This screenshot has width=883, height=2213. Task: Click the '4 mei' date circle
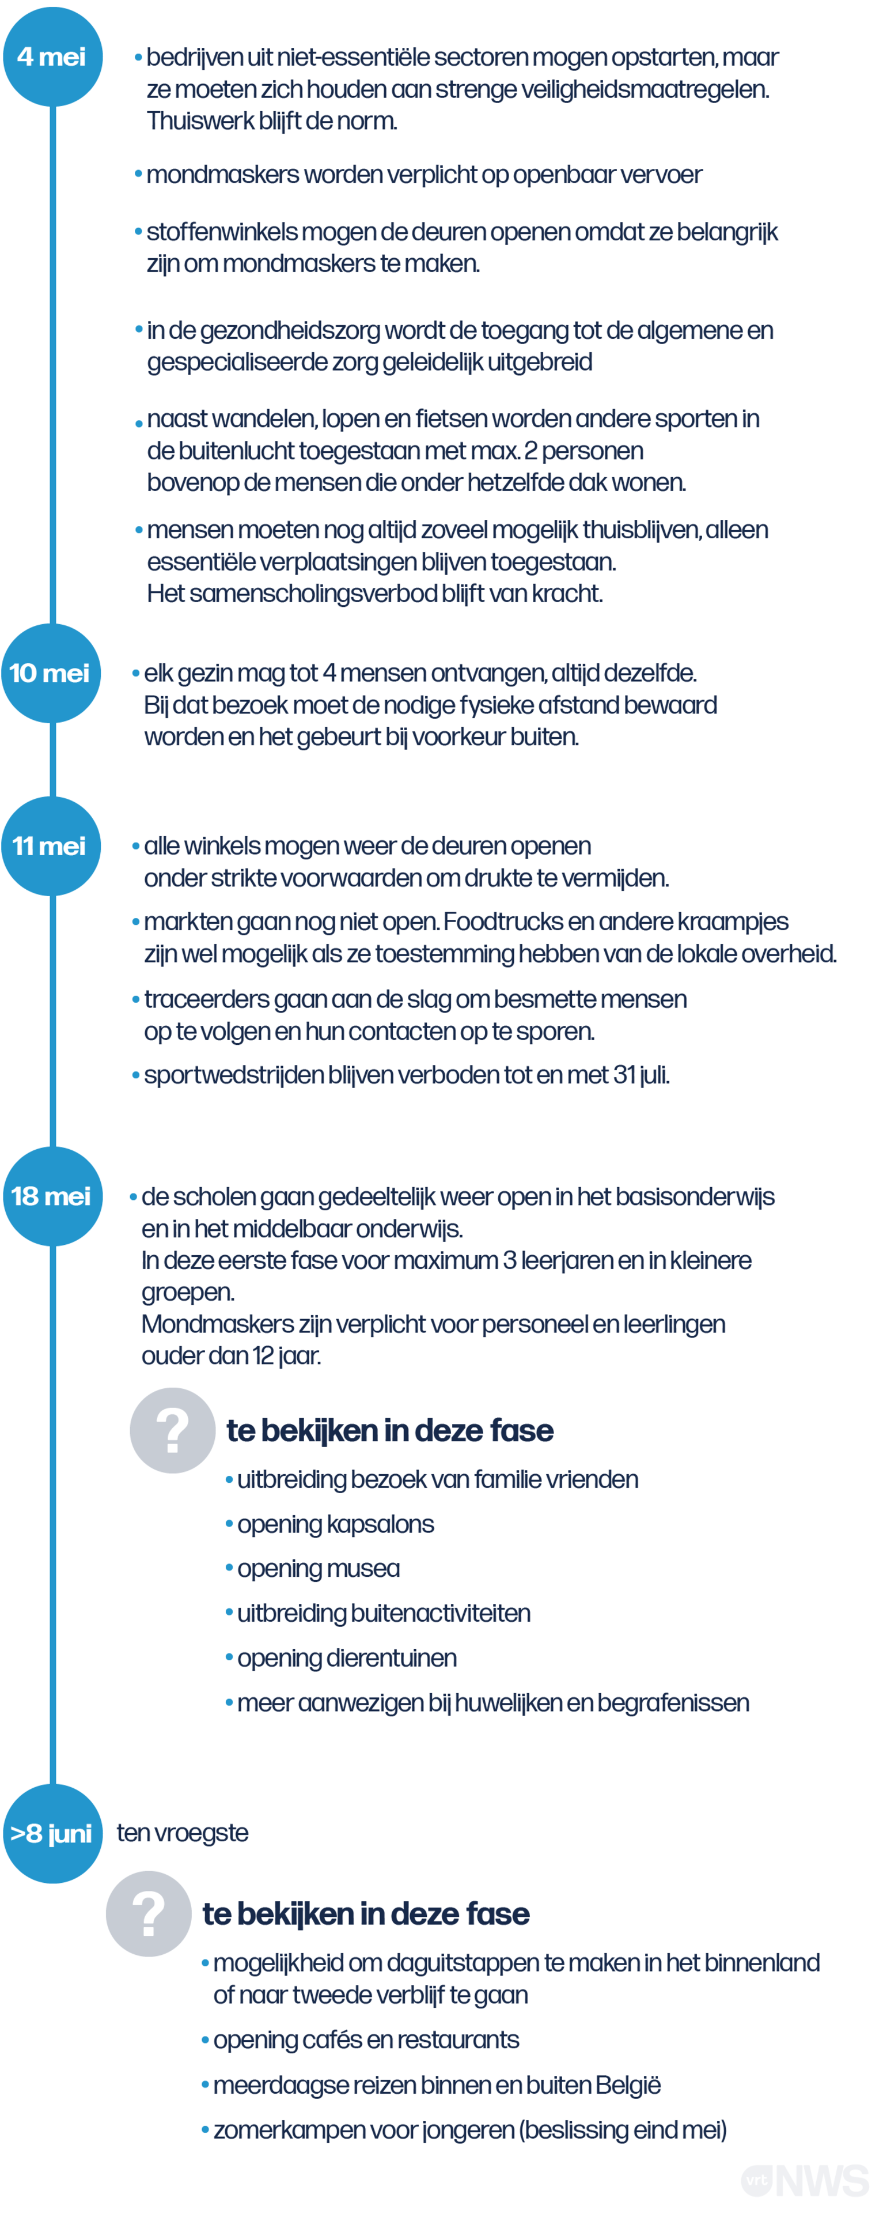(52, 56)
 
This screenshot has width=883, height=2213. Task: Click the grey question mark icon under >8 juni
(149, 1913)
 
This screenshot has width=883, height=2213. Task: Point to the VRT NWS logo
(806, 2180)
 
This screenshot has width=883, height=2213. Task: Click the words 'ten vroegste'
(182, 1833)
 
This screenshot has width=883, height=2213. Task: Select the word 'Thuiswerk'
(200, 121)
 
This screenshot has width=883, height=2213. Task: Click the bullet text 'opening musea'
(318, 1569)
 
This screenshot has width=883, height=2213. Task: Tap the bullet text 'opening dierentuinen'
(346, 1658)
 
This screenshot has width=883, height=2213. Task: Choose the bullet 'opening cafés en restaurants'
(366, 2040)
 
